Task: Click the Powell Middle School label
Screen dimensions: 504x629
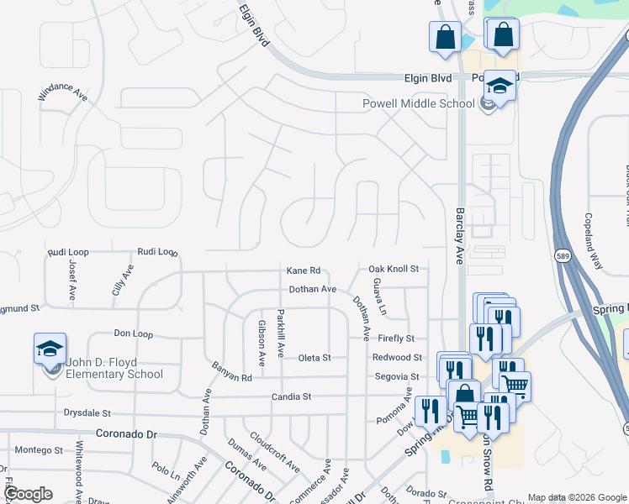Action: [x=418, y=103]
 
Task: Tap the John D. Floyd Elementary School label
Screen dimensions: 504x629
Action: [x=115, y=369]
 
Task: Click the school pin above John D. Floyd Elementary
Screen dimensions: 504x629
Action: [x=50, y=349]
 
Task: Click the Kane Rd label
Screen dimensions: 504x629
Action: [x=304, y=270]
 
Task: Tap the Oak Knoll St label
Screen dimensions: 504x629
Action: [x=394, y=269]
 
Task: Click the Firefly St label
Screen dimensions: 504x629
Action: [x=396, y=339]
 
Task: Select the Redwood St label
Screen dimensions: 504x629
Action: [x=396, y=358]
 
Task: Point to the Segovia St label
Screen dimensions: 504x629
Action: [x=397, y=377]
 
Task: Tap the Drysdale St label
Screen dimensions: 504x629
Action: [x=87, y=413]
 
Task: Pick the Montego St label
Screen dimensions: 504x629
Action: [x=39, y=450]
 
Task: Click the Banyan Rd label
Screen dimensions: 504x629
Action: [x=231, y=377]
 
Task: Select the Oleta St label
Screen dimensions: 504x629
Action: [x=314, y=358]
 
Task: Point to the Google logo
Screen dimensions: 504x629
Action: [x=28, y=494]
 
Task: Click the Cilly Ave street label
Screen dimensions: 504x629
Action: [x=122, y=278]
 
